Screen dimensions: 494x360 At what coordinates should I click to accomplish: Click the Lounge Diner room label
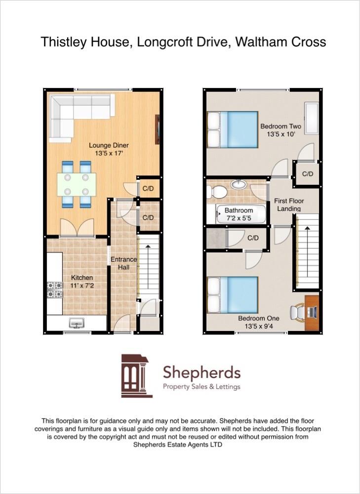[109, 149]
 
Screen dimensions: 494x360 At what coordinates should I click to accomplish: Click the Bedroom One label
[258, 322]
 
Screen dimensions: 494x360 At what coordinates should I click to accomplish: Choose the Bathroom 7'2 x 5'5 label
[239, 214]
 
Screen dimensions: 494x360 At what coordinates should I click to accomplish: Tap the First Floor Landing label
[289, 205]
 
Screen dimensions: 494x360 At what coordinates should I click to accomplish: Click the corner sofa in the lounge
[74, 111]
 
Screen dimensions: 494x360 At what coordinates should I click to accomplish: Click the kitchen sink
[77, 324]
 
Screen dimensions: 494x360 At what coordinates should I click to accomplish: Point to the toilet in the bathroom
[217, 192]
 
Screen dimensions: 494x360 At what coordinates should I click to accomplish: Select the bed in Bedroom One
[233, 295]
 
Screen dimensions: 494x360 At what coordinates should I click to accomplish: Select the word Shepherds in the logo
[201, 372]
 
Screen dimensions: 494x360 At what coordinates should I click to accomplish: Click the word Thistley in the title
[62, 42]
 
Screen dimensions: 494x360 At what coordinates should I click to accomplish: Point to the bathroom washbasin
[239, 184]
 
